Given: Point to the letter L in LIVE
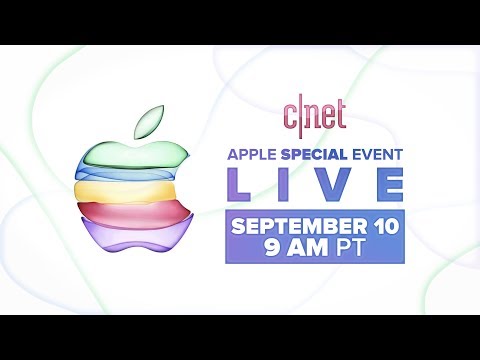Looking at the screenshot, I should coord(244,187).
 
